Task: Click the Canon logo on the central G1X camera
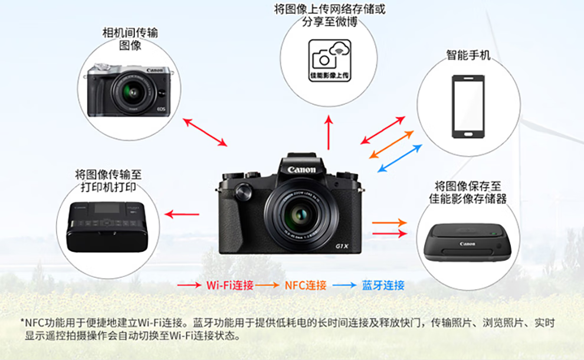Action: coord(301,170)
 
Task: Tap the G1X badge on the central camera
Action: coord(342,246)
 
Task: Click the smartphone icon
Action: coord(468,107)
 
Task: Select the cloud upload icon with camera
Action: coord(330,60)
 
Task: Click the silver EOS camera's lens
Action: coord(133,93)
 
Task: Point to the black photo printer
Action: coord(107,227)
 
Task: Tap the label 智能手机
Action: coord(468,55)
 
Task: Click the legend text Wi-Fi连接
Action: coord(230,286)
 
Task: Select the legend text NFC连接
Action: coord(306,286)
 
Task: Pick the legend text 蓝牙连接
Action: coord(383,286)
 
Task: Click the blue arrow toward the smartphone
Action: coord(399,158)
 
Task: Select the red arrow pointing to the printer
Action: coord(182,214)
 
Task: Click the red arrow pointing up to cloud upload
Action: coord(329,132)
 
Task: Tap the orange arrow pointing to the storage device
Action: coord(389,223)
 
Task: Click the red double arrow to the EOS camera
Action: coord(205,132)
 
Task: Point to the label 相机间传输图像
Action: coord(130,39)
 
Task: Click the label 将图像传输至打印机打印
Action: coord(108,181)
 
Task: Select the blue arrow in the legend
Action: coord(344,286)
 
